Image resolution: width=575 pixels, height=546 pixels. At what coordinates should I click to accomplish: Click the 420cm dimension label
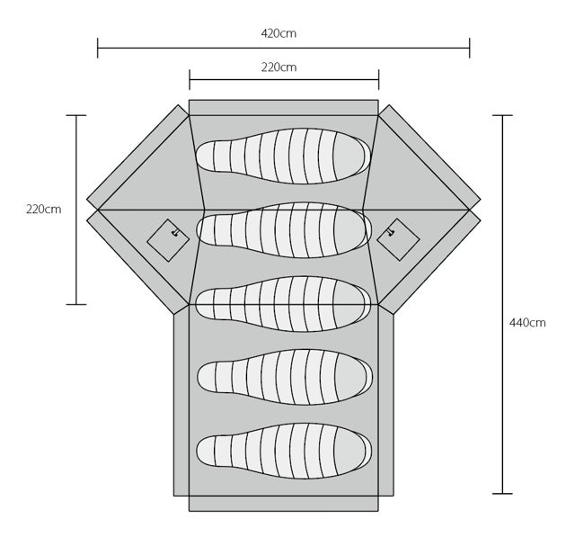(279, 33)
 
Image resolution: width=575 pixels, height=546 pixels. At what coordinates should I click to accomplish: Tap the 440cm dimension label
(527, 323)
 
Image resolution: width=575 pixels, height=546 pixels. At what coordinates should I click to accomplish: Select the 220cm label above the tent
(279, 67)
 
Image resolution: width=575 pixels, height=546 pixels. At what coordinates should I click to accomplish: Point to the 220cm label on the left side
(44, 210)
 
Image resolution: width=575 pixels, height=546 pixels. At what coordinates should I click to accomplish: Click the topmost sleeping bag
(284, 156)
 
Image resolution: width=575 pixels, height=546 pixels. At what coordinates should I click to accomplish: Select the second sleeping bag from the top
(284, 230)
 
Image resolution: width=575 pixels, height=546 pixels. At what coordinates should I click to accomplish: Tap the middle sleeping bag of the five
(284, 304)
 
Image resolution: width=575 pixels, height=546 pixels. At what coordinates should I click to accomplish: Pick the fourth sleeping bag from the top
(285, 377)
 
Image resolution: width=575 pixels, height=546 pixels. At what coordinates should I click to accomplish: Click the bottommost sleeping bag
(284, 451)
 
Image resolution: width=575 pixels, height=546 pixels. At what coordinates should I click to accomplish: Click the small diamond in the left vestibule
(168, 240)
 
